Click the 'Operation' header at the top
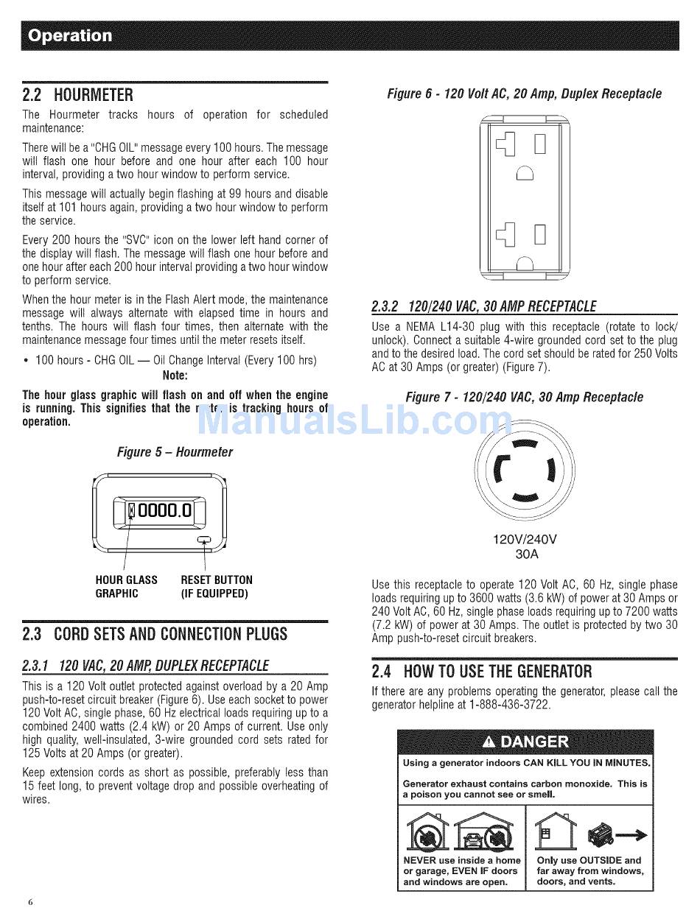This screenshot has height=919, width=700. point(68,35)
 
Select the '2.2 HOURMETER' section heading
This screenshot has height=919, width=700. point(78,95)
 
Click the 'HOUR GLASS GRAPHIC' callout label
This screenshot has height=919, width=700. point(126,586)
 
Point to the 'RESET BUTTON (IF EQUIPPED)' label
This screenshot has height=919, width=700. point(216,586)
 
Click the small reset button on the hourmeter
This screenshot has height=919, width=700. point(204,542)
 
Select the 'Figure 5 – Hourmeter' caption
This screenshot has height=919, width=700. point(175,452)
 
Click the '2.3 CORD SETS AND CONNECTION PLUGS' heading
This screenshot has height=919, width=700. point(155,634)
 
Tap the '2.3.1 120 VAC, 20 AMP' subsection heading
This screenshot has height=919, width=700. point(145,666)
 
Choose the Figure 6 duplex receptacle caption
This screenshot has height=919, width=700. point(525,94)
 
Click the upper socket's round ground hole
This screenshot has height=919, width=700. point(525,173)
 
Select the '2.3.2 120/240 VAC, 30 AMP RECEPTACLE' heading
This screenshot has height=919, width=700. point(484,306)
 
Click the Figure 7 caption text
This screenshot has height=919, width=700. point(524,397)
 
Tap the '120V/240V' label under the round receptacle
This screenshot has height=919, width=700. point(525,539)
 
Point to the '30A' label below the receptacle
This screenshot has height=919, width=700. point(525,554)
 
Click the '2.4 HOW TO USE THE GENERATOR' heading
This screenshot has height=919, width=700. point(482,671)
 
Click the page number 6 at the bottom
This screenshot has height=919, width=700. point(30,901)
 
